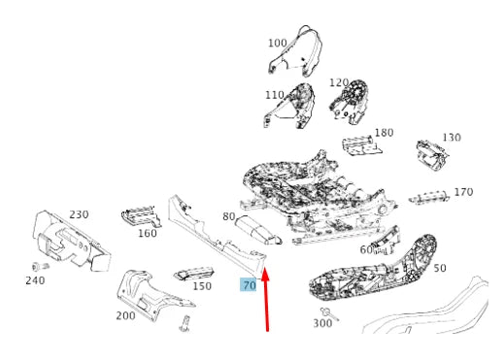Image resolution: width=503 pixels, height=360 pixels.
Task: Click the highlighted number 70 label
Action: click(249, 285)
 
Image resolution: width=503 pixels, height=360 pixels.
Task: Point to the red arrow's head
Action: click(265, 275)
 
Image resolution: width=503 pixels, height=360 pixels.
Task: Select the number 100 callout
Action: click(278, 43)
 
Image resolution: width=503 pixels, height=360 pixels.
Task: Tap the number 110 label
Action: click(275, 95)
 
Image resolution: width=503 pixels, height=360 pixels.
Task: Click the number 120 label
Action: click(339, 82)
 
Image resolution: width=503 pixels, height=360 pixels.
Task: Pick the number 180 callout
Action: click(384, 132)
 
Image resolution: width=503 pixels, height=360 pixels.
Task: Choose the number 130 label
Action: click(452, 137)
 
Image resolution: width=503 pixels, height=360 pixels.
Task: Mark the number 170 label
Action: click(463, 192)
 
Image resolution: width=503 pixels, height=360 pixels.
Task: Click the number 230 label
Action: click(79, 214)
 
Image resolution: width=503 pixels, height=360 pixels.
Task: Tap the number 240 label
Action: click(35, 280)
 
